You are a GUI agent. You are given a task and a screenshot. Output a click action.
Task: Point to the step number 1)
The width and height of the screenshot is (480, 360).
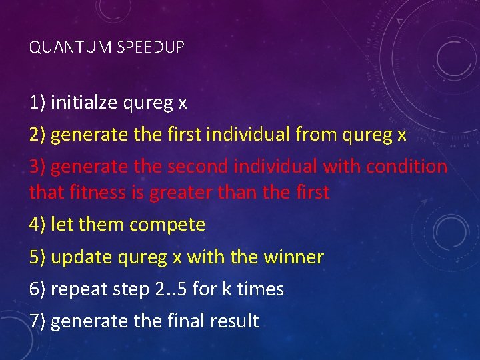(37, 103)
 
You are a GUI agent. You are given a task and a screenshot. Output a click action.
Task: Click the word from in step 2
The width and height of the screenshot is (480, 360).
(317, 135)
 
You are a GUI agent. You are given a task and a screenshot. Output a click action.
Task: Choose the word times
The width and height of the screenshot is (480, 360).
(261, 289)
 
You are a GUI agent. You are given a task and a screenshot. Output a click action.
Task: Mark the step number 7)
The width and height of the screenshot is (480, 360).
(37, 321)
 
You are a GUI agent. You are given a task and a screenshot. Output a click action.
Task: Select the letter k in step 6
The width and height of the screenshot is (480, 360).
(225, 289)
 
